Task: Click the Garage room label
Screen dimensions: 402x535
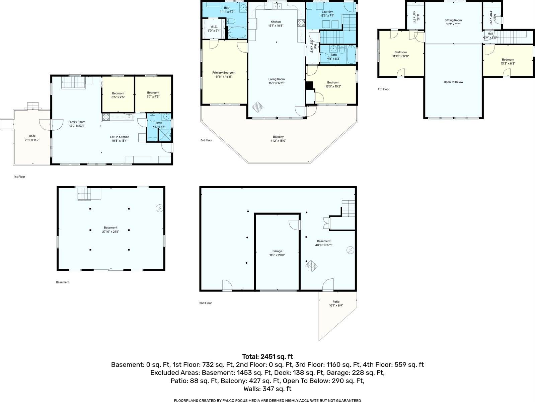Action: (x=277, y=251)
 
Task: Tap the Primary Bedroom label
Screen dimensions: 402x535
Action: (x=224, y=73)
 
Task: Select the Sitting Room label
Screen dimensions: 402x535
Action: (x=453, y=20)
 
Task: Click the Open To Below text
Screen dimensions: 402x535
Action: (x=453, y=82)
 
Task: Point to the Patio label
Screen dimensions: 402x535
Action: (x=336, y=301)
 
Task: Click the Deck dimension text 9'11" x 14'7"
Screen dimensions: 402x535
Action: (x=32, y=140)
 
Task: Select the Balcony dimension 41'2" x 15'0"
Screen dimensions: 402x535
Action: (x=278, y=141)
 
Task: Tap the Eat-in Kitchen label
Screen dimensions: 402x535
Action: (x=120, y=137)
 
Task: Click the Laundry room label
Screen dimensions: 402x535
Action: (x=326, y=12)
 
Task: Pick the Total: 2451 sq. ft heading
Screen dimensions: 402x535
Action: (x=267, y=356)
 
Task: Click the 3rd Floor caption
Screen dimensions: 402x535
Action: (x=206, y=140)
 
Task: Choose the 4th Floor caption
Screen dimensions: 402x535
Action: (x=384, y=89)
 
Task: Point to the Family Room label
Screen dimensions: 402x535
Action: (x=77, y=122)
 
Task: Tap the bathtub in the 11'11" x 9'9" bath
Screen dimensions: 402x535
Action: (x=238, y=33)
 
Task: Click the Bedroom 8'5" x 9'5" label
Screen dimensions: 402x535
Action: (x=118, y=93)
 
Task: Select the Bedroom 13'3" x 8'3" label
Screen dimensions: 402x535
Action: (x=508, y=60)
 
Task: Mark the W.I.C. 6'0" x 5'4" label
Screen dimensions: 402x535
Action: (x=214, y=27)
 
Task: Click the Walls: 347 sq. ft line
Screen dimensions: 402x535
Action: (x=267, y=389)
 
